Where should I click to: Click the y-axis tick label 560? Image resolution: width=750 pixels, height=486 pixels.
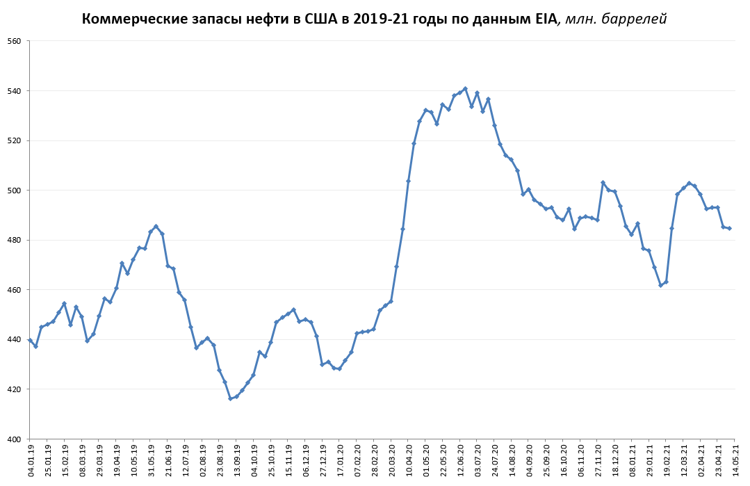15,41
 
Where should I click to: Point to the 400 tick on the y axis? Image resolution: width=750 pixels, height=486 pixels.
15,439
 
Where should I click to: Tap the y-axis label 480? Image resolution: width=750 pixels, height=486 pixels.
15,240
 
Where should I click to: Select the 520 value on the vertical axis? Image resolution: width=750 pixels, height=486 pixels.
15,140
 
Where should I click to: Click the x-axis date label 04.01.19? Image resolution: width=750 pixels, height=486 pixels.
31,461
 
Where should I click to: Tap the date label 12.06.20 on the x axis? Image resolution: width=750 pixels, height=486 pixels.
462,461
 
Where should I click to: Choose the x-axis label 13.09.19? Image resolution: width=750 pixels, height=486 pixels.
237,461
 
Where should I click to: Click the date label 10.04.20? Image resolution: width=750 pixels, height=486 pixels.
409,461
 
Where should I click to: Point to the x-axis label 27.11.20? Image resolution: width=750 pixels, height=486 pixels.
599,461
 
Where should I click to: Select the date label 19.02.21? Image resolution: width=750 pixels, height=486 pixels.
668,461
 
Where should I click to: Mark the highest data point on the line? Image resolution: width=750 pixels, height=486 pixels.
465,88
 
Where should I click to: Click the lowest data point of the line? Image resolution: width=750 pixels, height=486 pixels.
231,398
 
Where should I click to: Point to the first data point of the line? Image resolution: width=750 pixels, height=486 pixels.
30,340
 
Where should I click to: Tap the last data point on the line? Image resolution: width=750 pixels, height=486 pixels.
729,228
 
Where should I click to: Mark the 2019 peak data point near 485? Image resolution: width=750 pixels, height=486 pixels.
156,226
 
